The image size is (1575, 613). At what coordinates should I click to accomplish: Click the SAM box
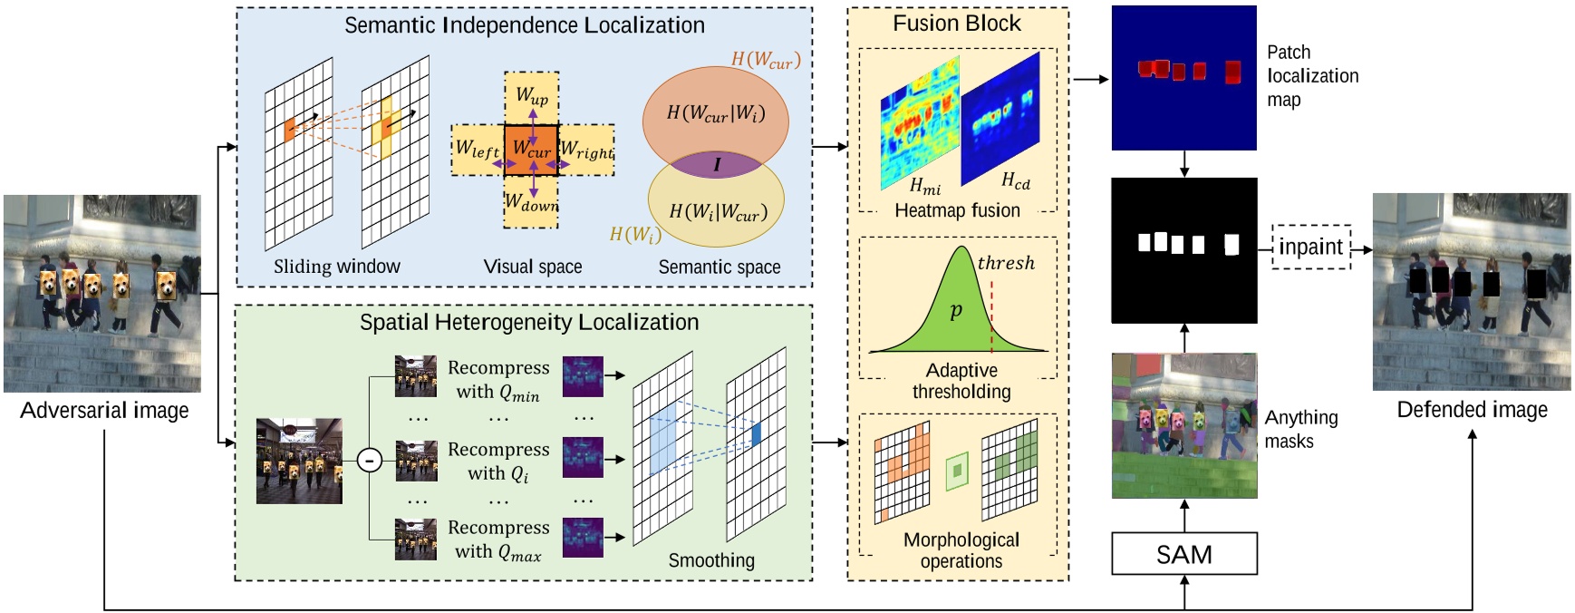[1184, 554]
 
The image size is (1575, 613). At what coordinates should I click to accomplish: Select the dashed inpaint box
[1310, 247]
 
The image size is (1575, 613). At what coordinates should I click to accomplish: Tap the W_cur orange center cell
[531, 148]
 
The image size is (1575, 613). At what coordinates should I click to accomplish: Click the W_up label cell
[532, 95]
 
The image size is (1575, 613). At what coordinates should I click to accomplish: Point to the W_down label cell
[532, 203]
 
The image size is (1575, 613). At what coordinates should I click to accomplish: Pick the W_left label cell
[477, 149]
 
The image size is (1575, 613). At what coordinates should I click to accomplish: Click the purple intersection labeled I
[716, 165]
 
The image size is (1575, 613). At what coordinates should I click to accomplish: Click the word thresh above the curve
[1005, 263]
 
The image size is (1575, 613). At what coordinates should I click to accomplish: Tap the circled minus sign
[369, 460]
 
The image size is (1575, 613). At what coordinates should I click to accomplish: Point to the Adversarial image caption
[104, 411]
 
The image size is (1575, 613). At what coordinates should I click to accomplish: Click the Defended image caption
[1472, 410]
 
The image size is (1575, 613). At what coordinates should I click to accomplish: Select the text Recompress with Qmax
[498, 540]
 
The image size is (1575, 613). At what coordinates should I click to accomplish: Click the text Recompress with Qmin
[498, 380]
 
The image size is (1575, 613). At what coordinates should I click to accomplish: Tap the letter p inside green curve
[955, 311]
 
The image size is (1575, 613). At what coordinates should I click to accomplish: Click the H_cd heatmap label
[1015, 181]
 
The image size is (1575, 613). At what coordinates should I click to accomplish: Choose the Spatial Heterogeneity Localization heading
[528, 322]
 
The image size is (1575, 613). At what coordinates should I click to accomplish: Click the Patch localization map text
[1311, 76]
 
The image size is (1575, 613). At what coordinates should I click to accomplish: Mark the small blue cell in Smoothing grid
[757, 433]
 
